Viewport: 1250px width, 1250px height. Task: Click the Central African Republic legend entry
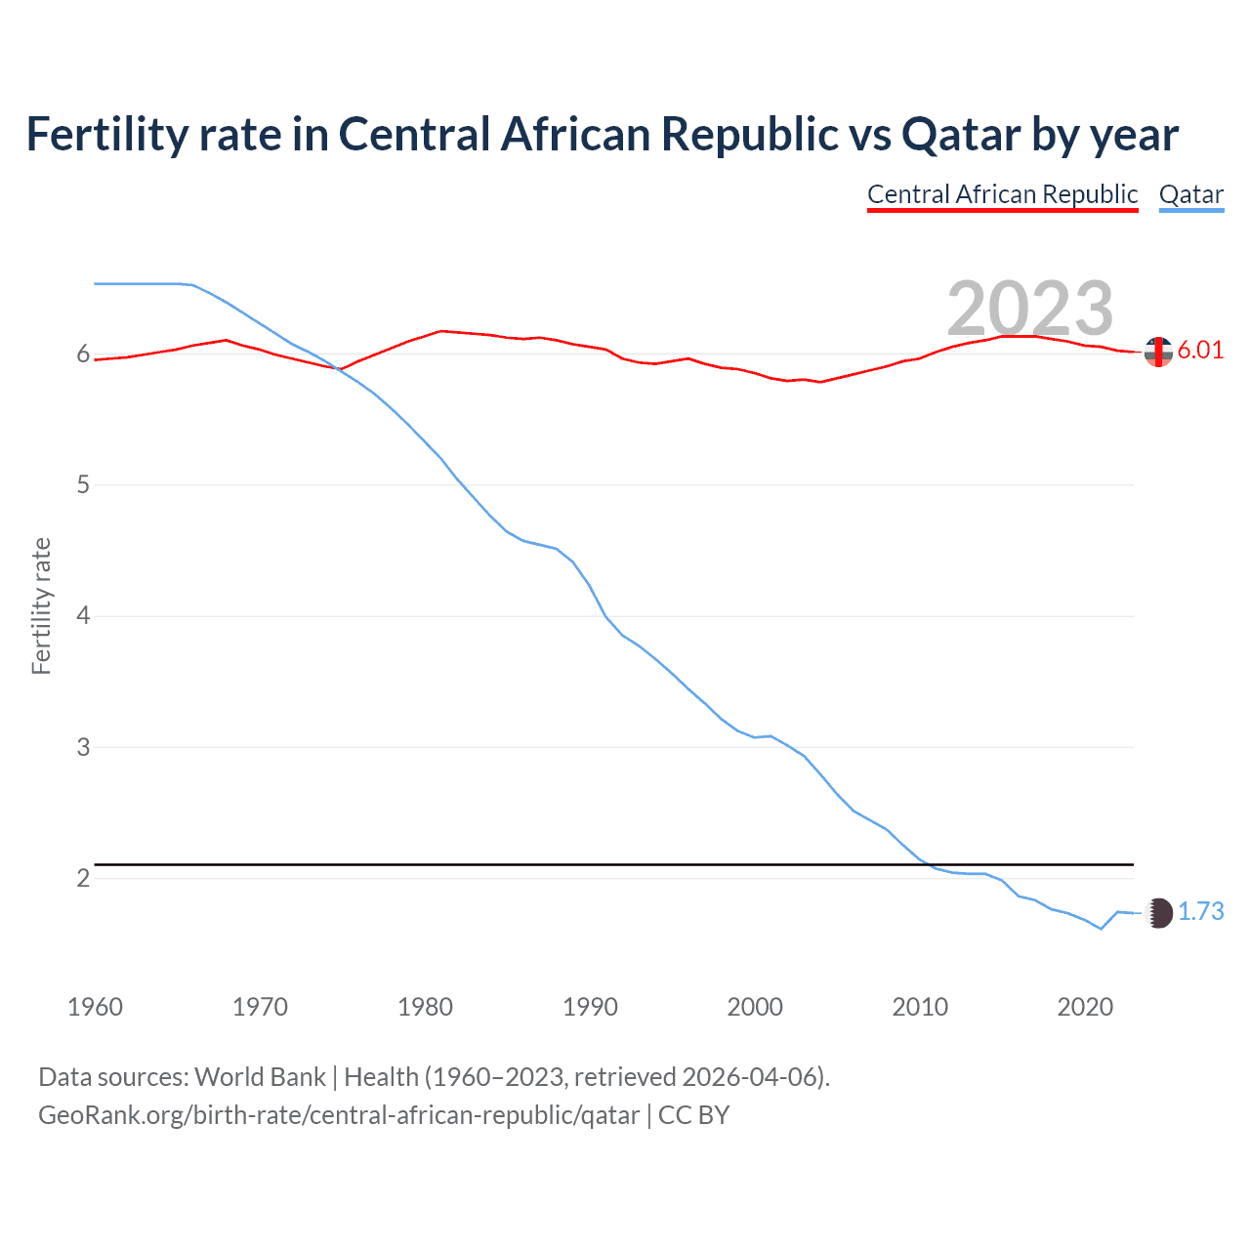(x=1002, y=194)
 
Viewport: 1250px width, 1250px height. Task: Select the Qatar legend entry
(x=1190, y=194)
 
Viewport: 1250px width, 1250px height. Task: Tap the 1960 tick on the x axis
(x=95, y=1007)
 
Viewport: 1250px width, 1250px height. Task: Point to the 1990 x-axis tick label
(x=590, y=1007)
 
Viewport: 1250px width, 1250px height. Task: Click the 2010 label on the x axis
(x=920, y=1007)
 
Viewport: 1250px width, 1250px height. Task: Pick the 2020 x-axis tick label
(x=1085, y=1007)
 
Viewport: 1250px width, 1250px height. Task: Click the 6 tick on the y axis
(x=83, y=354)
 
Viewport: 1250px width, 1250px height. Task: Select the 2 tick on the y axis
(x=83, y=878)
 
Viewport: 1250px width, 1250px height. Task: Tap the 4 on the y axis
(x=83, y=616)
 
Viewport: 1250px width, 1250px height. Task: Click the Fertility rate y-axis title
(x=41, y=605)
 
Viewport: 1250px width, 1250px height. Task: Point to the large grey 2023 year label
(x=1030, y=309)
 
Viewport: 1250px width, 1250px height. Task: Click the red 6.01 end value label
(x=1200, y=351)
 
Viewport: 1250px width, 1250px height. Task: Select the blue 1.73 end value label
(x=1200, y=912)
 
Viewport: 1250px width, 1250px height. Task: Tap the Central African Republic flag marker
(x=1158, y=352)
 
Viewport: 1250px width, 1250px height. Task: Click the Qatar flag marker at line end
(x=1158, y=913)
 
